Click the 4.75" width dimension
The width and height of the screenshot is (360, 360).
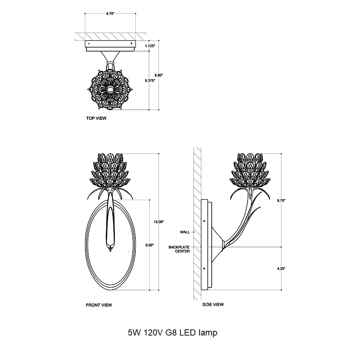click(x=110, y=14)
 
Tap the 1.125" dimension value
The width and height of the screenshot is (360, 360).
click(x=150, y=46)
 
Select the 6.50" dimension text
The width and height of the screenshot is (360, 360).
click(x=159, y=75)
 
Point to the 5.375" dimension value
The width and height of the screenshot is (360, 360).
click(x=150, y=80)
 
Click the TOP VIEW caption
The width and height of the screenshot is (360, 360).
click(x=96, y=118)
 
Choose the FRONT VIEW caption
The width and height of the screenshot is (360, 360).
click(x=99, y=305)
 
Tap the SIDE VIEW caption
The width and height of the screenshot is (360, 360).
click(x=213, y=305)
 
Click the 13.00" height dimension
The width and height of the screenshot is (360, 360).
click(x=159, y=222)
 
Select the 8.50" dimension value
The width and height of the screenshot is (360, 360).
click(x=149, y=245)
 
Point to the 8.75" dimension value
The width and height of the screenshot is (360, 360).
click(x=281, y=201)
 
